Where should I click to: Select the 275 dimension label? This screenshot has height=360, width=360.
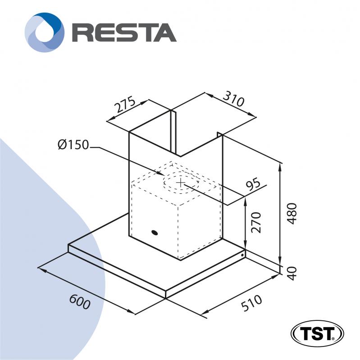125,105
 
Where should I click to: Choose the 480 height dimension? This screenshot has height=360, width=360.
293,213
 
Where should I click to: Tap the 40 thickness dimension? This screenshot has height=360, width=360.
293,273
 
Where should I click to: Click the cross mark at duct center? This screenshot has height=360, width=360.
181,182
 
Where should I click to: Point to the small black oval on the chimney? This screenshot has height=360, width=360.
155,232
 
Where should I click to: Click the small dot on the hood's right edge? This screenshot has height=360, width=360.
242,255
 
